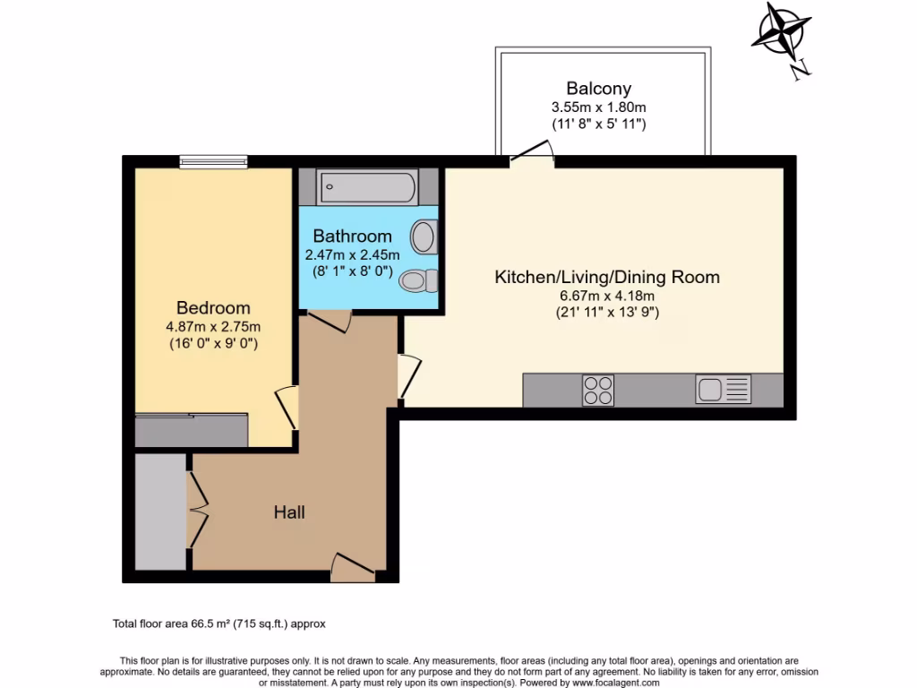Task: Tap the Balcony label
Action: [598, 89]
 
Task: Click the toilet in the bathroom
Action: [417, 280]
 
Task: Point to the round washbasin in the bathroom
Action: [423, 238]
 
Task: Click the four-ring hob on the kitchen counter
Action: [598, 390]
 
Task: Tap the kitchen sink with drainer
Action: [723, 390]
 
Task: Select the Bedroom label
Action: [213, 307]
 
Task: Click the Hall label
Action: [289, 512]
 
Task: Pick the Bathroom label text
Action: [352, 236]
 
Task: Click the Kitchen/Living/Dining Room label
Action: [607, 278]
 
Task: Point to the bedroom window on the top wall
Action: [213, 162]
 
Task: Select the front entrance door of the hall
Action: [351, 566]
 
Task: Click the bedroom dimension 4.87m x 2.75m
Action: [213, 326]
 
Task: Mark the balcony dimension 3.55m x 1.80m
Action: [598, 107]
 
